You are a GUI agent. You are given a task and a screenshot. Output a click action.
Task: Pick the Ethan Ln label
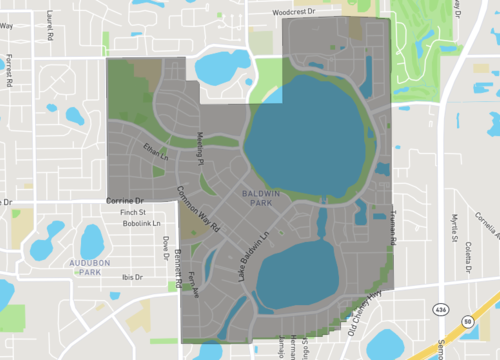(155, 153)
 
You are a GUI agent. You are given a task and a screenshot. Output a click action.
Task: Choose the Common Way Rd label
(198, 209)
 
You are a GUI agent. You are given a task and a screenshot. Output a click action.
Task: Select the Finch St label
(132, 213)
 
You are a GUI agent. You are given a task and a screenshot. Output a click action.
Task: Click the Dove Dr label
(166, 245)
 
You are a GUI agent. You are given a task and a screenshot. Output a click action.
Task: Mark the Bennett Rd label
(177, 267)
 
